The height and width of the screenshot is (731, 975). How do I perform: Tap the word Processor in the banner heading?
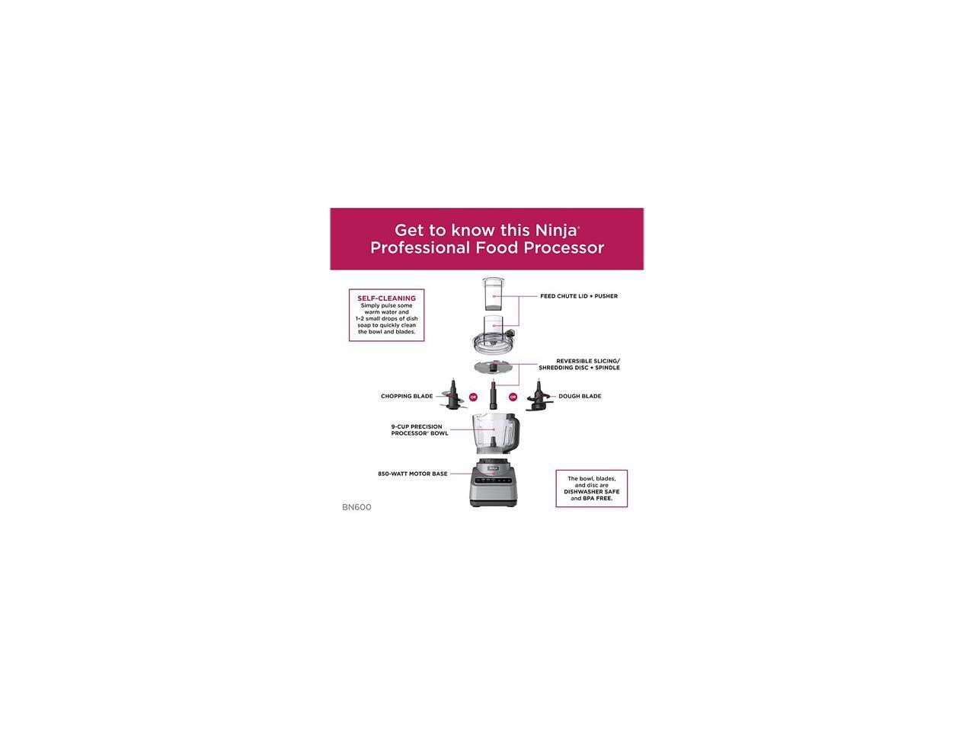566,248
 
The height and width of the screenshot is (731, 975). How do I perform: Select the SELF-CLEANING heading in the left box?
386,298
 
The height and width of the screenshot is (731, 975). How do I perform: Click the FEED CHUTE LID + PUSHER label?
579,296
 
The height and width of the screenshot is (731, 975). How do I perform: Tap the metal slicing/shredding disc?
494,368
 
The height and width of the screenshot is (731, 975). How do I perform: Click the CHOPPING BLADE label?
407,396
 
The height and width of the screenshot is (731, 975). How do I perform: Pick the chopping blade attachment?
452,397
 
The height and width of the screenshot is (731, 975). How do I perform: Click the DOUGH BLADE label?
580,396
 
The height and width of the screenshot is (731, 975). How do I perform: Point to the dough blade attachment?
538,398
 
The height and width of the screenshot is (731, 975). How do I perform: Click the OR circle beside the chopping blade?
473,397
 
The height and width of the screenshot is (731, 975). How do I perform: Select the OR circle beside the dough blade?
513,397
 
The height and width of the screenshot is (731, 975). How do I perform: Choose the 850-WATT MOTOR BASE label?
413,474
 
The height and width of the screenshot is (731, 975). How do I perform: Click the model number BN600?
356,507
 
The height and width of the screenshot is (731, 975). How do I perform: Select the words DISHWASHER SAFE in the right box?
591,492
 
